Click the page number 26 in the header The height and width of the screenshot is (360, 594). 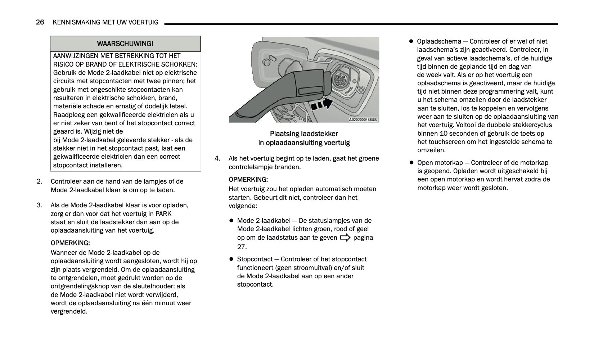40,22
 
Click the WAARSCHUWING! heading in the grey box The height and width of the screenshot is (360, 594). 125,44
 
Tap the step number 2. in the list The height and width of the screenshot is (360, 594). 39,181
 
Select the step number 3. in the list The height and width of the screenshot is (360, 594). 39,206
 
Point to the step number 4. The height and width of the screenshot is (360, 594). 217,158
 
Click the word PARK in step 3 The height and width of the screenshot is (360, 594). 163,214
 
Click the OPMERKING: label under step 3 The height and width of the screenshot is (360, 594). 70,243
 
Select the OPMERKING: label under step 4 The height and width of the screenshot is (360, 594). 248,180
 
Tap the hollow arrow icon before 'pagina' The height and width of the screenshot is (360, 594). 345,238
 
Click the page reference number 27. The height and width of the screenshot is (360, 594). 242,247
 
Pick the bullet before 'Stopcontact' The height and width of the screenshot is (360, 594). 231,259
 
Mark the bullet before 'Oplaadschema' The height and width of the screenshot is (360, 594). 411,41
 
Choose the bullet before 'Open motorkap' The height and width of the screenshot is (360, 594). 411,163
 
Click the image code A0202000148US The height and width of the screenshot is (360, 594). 363,120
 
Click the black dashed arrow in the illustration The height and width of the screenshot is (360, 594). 321,104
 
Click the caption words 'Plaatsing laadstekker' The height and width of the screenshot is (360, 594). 304,134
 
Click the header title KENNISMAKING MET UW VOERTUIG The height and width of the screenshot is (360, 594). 105,22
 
